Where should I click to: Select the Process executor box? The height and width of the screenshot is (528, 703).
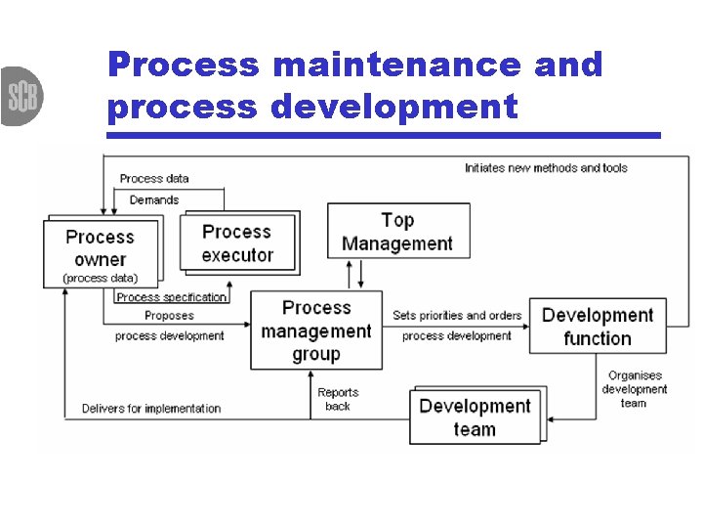click(236, 243)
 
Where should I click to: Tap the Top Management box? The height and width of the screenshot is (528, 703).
click(397, 232)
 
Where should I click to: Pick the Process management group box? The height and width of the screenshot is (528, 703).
click(315, 330)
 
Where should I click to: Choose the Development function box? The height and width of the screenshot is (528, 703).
click(598, 327)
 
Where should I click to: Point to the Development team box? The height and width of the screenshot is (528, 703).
click(475, 418)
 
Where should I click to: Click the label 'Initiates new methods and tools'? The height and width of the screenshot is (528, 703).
click(546, 168)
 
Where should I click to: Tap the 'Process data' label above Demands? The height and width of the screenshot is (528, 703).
click(154, 179)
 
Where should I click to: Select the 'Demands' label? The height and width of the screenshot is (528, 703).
click(154, 200)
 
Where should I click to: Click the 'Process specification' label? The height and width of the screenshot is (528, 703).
click(172, 297)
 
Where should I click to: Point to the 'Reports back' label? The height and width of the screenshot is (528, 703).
click(338, 399)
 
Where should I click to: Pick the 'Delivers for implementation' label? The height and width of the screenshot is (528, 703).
click(151, 409)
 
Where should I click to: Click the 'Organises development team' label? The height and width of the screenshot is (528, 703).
click(634, 389)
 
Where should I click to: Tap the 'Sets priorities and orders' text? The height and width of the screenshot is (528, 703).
click(457, 316)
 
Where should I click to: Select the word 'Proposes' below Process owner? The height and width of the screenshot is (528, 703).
click(169, 316)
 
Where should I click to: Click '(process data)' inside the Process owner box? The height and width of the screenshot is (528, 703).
click(100, 278)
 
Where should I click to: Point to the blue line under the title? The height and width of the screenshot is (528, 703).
click(383, 135)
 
